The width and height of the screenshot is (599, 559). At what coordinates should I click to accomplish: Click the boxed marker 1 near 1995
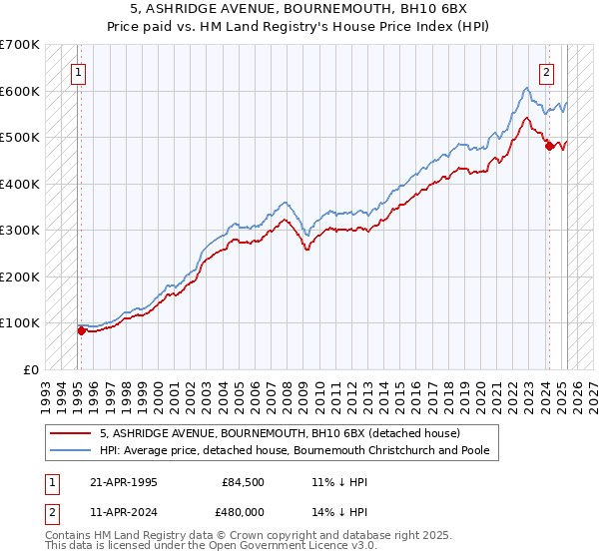(79, 71)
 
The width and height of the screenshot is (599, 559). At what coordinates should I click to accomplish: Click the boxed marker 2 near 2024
(547, 71)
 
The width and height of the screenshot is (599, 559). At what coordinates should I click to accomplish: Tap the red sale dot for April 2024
(549, 147)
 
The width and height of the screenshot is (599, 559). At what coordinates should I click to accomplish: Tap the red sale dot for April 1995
(81, 330)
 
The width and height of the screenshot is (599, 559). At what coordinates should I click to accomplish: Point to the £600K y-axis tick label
(19, 91)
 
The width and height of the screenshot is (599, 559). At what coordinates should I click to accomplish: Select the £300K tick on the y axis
(19, 231)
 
